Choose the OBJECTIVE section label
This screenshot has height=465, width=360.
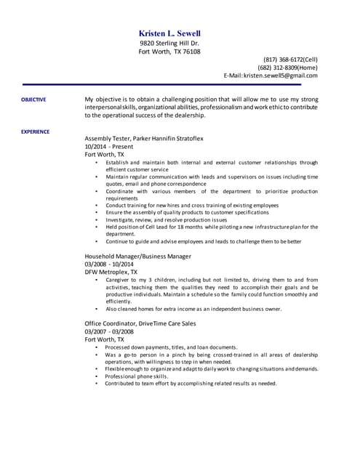click(x=33, y=99)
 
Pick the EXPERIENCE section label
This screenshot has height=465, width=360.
click(x=35, y=132)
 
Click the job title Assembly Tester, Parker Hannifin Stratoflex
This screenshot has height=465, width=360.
click(x=143, y=138)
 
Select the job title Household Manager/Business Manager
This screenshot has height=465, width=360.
click(x=138, y=256)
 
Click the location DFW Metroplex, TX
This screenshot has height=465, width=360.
click(x=111, y=272)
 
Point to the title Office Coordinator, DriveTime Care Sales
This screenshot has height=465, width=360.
click(x=140, y=323)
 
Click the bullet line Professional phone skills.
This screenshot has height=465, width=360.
click(x=137, y=376)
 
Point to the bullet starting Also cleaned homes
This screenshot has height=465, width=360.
click(x=193, y=309)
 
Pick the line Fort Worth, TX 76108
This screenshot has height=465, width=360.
click(x=169, y=52)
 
